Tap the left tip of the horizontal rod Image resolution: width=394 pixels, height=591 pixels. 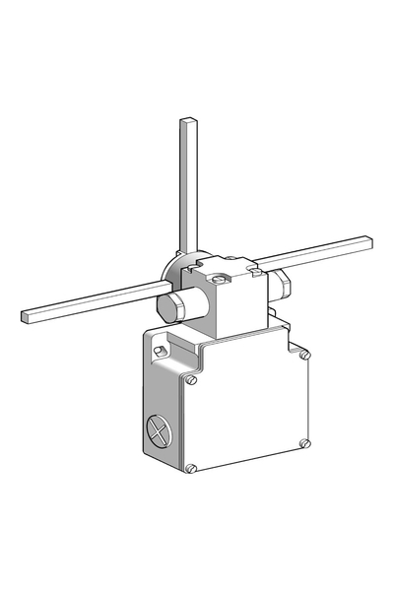pyautogui.click(x=26, y=318)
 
